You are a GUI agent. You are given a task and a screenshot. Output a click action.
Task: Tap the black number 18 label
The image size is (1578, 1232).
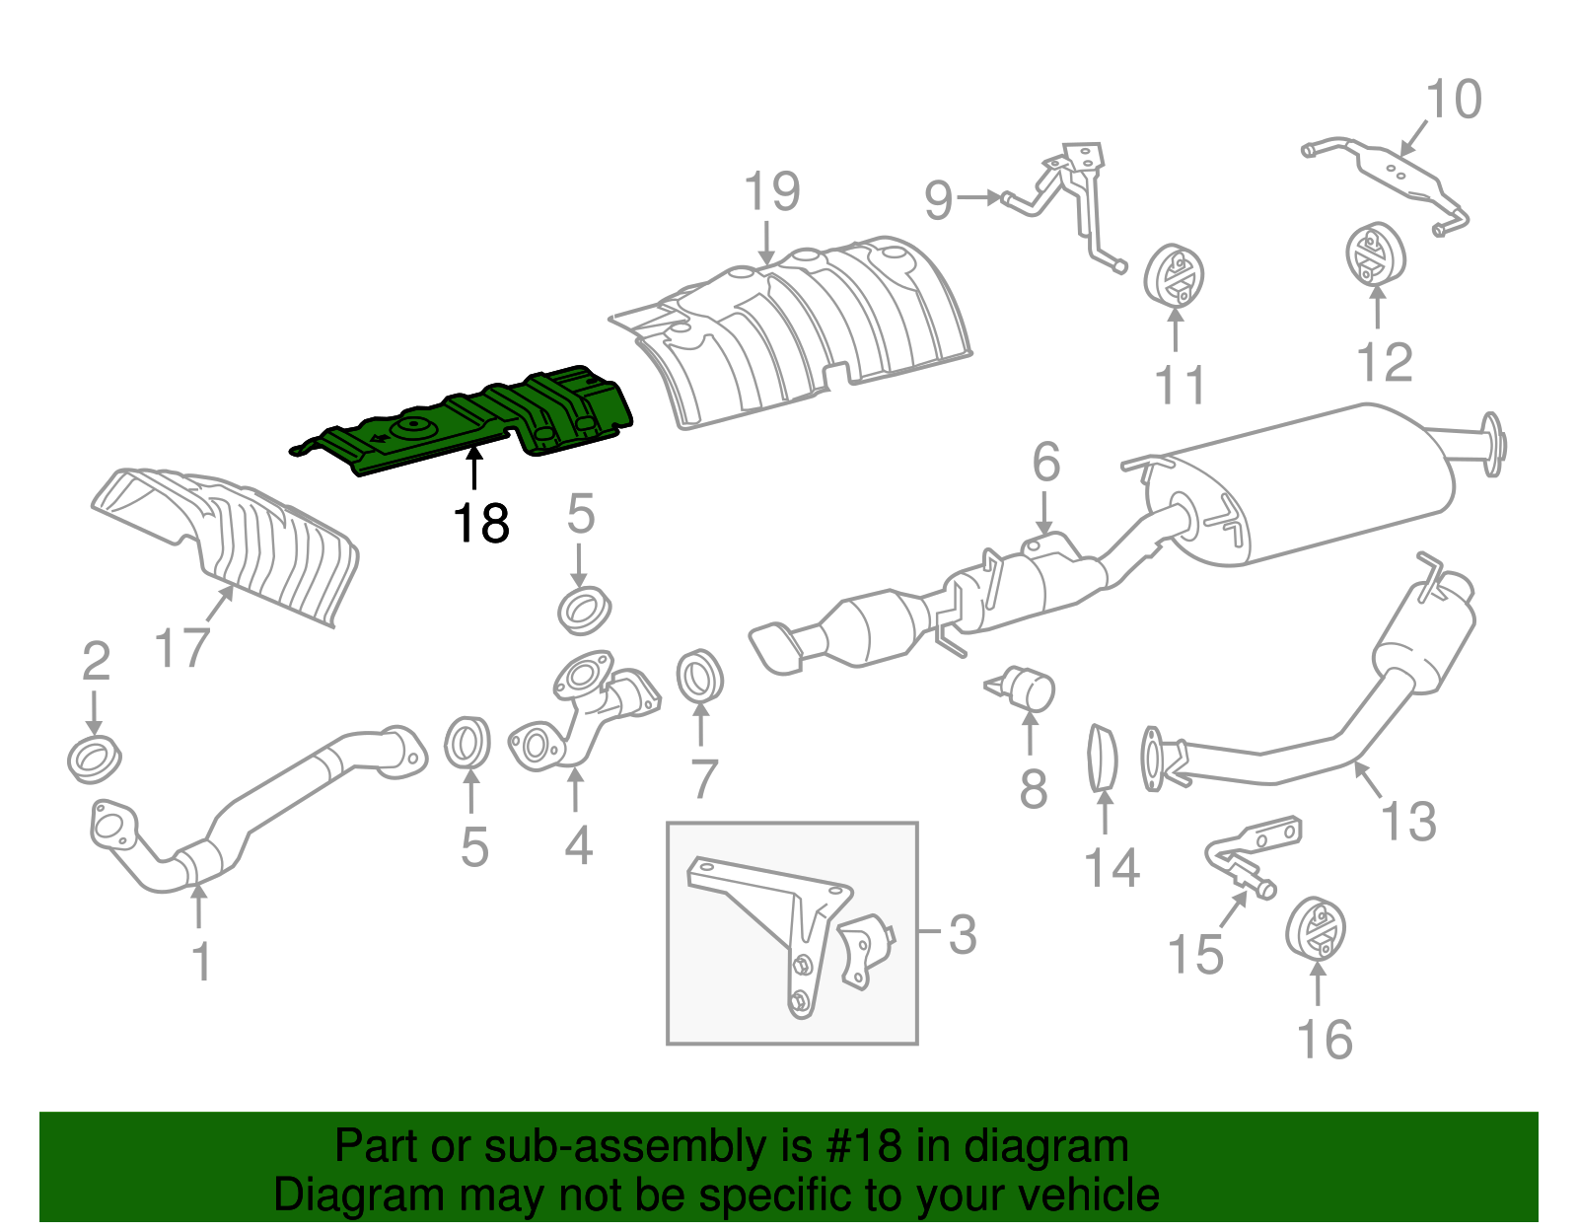coord(481,524)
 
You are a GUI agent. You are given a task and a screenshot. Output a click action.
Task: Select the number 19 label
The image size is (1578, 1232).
coord(771,192)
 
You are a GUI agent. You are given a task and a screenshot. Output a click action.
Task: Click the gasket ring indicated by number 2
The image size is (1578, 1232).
coord(95,759)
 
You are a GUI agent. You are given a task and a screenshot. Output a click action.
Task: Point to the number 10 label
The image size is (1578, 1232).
coord(1453,100)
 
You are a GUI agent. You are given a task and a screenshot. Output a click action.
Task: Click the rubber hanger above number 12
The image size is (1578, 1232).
coord(1375,254)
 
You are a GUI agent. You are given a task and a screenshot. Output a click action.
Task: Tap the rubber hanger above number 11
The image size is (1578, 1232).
coord(1175,275)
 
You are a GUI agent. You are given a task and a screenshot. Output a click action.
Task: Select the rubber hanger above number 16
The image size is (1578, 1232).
coord(1317,927)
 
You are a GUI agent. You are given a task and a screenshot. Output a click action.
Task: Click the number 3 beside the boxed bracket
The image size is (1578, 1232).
coord(962,934)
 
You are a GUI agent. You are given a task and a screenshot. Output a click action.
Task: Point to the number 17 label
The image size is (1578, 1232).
coord(182,648)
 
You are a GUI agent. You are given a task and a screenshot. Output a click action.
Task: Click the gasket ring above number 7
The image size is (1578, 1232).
coord(699,678)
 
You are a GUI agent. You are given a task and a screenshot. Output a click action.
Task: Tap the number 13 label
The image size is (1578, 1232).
coord(1408,821)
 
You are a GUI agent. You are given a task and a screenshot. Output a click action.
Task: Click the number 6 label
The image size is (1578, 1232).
coord(1045,462)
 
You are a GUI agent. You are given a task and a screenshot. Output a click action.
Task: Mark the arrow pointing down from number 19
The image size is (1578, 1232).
coord(767,243)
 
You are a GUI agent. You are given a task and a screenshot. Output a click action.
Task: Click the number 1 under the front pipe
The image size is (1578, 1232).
coord(201,962)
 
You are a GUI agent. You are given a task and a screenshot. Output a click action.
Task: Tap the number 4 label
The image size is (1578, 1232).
coord(578,845)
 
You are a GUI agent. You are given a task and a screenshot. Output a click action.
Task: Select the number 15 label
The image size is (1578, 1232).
coord(1194,954)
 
